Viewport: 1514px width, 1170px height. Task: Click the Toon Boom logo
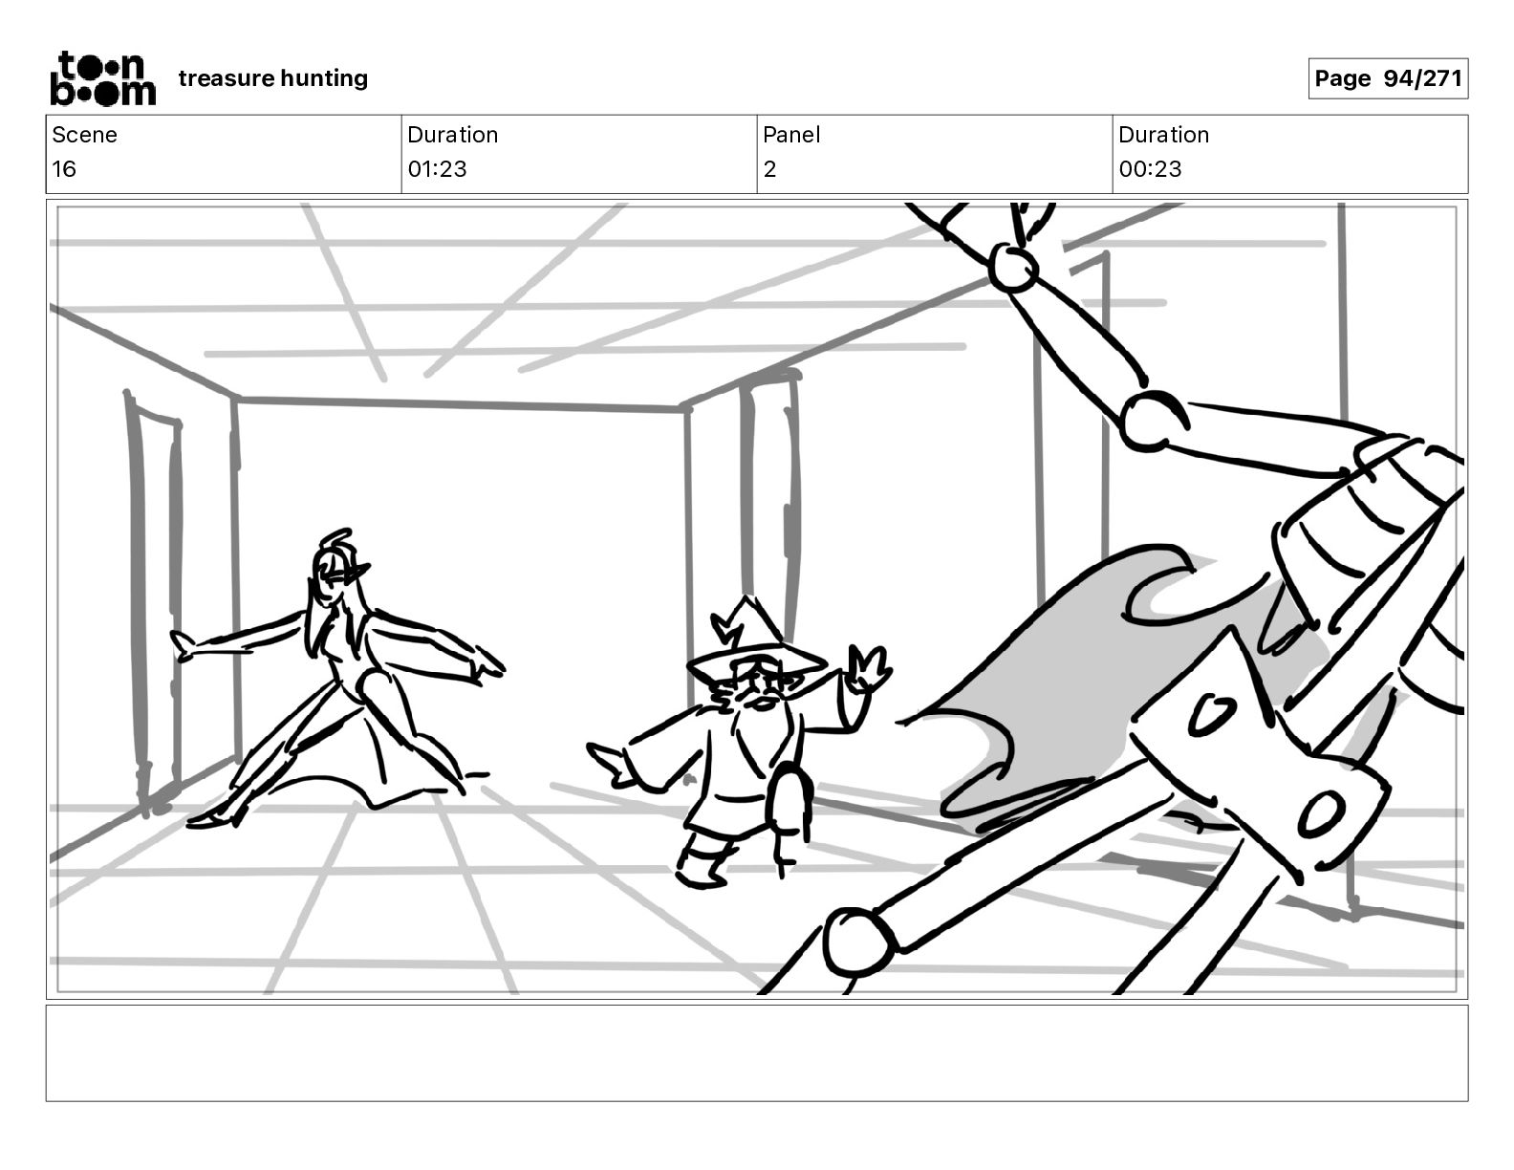(102, 78)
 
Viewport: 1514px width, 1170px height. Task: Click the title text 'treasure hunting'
(272, 78)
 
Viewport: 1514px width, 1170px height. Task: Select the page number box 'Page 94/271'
(1387, 78)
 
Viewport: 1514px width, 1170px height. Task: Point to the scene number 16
(64, 169)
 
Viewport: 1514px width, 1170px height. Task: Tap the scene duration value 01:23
(437, 169)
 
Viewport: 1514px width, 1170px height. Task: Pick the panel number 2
(769, 169)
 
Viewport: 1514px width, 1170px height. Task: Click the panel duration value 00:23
(1150, 169)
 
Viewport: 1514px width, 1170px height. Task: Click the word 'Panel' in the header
(791, 135)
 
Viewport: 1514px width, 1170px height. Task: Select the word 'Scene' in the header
(84, 135)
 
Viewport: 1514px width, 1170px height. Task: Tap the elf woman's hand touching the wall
(186, 647)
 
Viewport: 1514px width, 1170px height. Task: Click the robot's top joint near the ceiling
(1012, 268)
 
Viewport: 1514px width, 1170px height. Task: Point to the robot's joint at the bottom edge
(856, 942)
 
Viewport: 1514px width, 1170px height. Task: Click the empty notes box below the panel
(756, 1052)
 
